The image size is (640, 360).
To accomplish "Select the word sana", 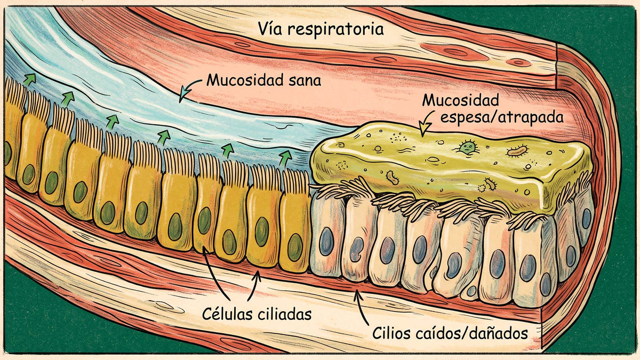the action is pyautogui.click(x=305, y=81).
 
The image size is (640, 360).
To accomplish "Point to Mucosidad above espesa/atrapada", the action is pyautogui.click(x=461, y=100).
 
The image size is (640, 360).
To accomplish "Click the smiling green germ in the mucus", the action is pyautogui.click(x=467, y=147).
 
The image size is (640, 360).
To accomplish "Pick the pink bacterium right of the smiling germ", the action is pyautogui.click(x=517, y=151).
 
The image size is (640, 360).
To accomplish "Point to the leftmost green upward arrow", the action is pyautogui.click(x=29, y=79).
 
